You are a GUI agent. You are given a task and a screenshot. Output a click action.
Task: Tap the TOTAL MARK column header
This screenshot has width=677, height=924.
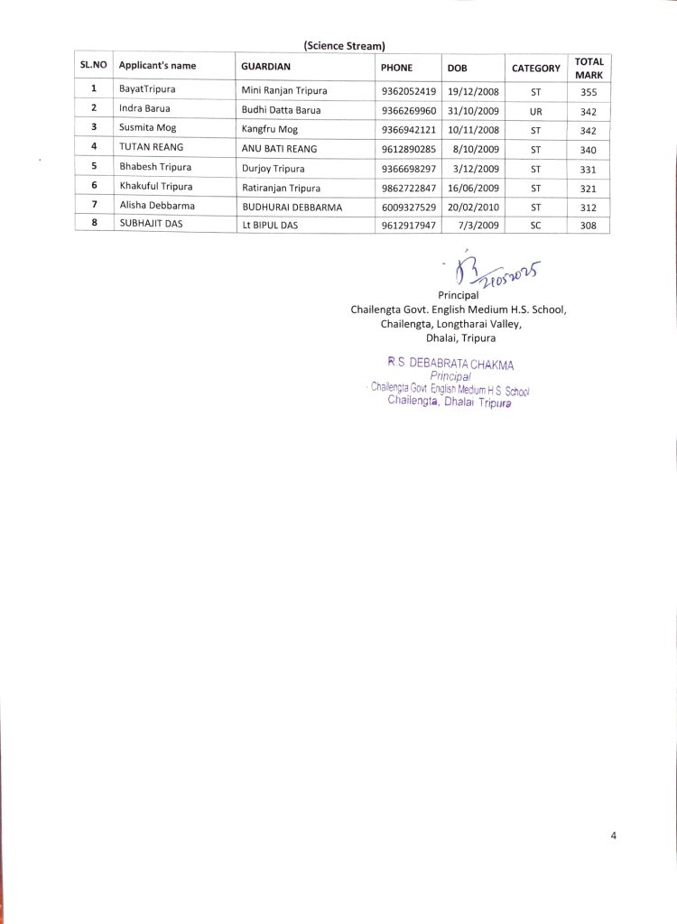click(589, 68)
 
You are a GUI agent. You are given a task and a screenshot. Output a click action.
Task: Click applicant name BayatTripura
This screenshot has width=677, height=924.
click(147, 90)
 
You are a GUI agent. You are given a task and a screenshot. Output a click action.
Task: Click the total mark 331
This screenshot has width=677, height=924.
click(589, 169)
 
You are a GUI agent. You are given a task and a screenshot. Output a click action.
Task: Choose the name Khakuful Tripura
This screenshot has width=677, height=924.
click(155, 187)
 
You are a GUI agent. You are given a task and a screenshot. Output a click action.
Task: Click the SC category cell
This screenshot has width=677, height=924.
click(535, 226)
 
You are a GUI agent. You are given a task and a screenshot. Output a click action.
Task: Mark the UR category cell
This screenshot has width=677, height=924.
click(535, 111)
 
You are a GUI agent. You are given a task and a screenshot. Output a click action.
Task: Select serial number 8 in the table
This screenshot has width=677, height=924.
click(94, 225)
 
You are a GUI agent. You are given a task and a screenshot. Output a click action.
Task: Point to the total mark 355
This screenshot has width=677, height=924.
click(589, 91)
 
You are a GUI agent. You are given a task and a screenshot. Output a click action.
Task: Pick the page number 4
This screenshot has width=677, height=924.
click(613, 835)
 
